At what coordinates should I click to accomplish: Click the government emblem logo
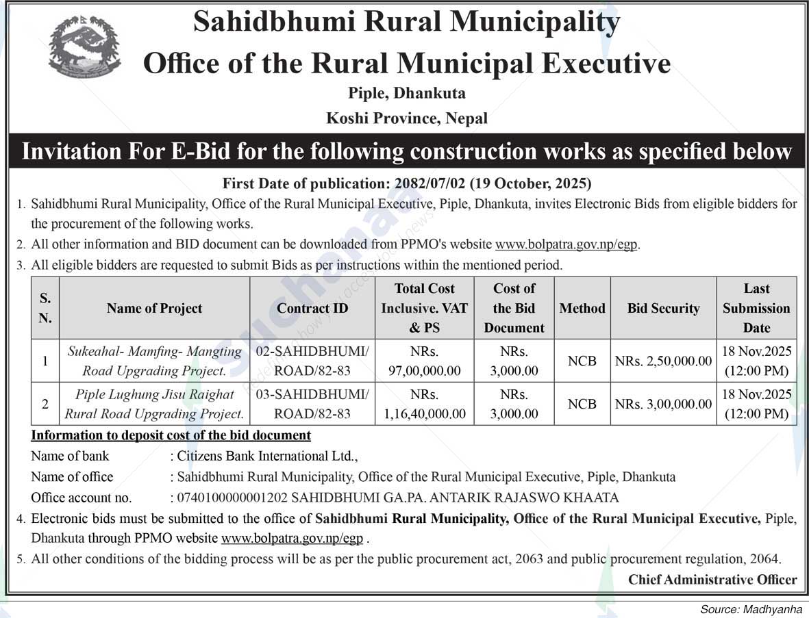coord(85,47)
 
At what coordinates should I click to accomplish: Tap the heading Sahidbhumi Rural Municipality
coord(406,22)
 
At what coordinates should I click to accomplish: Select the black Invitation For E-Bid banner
coord(406,151)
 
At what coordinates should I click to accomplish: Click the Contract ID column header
coord(312,308)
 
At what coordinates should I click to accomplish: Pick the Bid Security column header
coord(663,308)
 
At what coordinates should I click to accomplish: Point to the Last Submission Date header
coord(756,308)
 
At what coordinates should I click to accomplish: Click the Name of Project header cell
coord(154,308)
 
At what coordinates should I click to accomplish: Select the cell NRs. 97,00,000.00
coord(424,361)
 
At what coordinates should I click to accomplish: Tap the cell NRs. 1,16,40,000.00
coord(424,404)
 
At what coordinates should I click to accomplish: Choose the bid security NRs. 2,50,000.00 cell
coord(663,361)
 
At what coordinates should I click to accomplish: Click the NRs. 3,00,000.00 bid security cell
coord(663,404)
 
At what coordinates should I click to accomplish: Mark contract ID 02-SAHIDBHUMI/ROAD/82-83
coord(312,361)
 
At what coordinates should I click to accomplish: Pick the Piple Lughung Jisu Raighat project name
coord(154,404)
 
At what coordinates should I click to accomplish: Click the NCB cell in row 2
coord(582,404)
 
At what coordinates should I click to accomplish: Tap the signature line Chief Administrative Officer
coord(712,580)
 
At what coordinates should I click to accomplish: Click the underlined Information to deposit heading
coord(171,435)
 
